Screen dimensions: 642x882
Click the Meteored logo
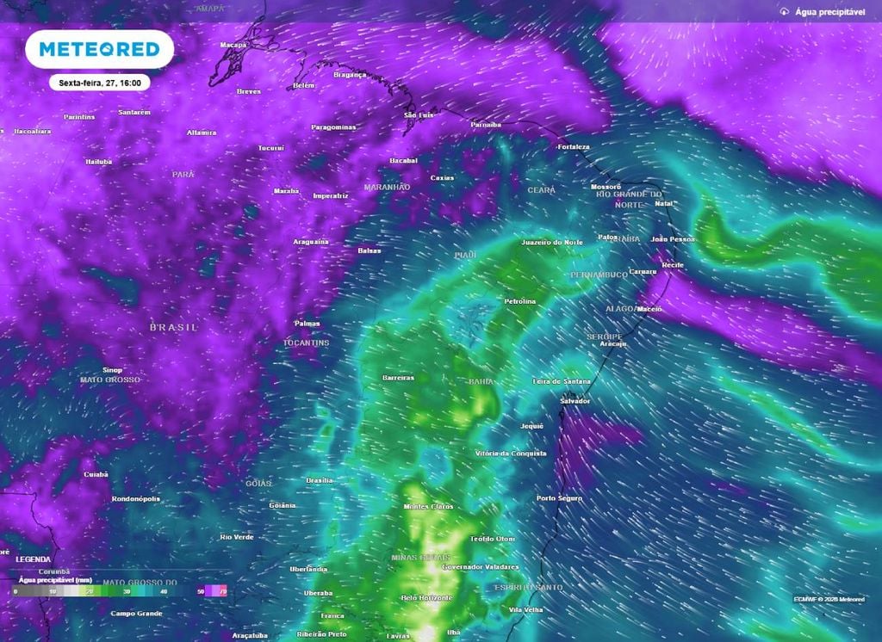[100, 49]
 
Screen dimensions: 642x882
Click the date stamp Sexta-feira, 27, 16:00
[100, 83]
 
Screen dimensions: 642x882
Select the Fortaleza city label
[573, 147]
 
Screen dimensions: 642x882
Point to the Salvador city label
[575, 401]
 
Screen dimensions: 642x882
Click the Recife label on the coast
[672, 265]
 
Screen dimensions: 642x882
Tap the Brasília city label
[320, 480]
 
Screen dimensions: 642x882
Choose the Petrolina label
[519, 301]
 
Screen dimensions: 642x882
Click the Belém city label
[304, 85]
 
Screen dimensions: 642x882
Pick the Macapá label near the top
[233, 44]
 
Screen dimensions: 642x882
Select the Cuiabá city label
[96, 474]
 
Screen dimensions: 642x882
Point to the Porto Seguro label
[560, 498]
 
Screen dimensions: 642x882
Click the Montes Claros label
[428, 506]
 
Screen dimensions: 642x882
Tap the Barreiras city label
[398, 378]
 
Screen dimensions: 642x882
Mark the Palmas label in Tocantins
[307, 324]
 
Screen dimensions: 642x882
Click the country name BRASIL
[173, 328]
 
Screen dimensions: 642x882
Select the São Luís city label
[419, 114]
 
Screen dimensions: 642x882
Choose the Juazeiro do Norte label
[552, 243]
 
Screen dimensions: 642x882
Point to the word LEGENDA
[32, 559]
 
